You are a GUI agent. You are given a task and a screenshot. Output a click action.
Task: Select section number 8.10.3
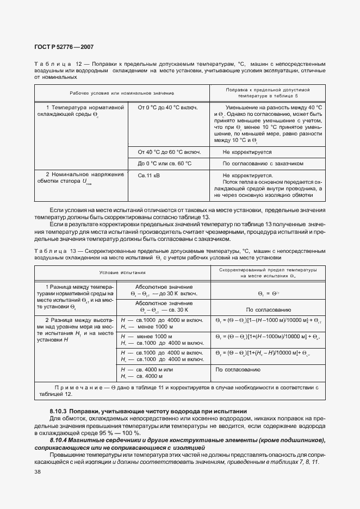(58, 411)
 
